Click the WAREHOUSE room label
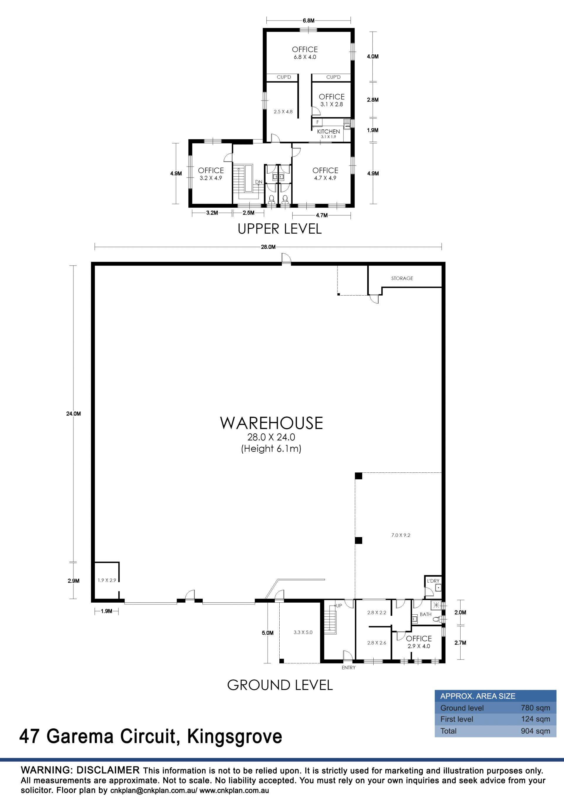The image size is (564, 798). [271, 423]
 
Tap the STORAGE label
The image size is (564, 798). [402, 279]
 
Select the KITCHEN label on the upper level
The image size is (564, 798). [328, 131]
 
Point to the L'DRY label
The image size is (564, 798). [433, 581]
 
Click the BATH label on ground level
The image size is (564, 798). [425, 614]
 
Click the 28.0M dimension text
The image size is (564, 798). [268, 247]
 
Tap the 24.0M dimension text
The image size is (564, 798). [74, 414]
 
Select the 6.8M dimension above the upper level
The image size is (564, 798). [308, 21]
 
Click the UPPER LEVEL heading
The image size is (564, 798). [280, 229]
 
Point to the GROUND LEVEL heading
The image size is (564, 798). [280, 685]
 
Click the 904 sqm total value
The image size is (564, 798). [536, 731]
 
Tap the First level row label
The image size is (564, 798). [456, 719]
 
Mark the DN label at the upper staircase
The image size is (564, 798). [259, 182]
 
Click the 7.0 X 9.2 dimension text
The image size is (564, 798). [401, 535]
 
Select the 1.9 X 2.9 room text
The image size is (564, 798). [107, 580]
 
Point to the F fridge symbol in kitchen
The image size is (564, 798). [318, 122]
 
